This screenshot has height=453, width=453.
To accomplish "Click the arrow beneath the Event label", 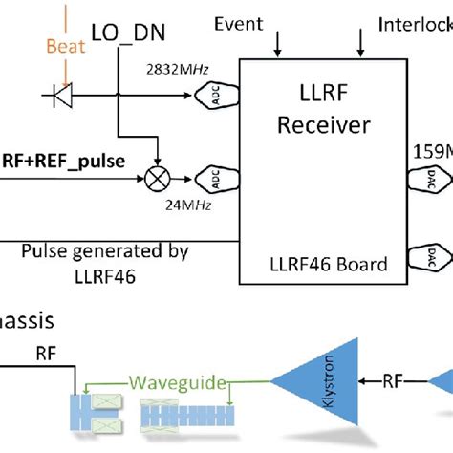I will tap(278, 43).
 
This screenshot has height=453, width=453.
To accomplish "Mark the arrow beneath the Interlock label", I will tap(362, 43).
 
